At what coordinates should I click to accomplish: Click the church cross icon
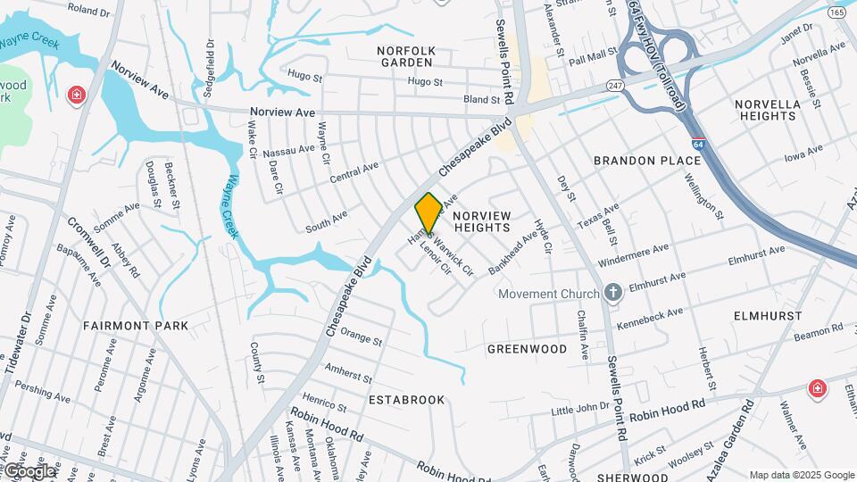pyautogui.click(x=612, y=292)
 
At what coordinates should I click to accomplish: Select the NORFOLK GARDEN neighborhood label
pyautogui.click(x=406, y=57)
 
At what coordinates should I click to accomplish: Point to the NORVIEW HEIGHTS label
pyautogui.click(x=482, y=222)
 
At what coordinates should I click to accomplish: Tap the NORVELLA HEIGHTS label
pyautogui.click(x=768, y=110)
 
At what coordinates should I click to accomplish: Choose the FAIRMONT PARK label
pyautogui.click(x=136, y=326)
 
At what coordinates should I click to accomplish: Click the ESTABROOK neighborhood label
pyautogui.click(x=406, y=400)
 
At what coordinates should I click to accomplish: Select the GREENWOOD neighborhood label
pyautogui.click(x=527, y=349)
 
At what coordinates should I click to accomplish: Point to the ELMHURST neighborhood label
pyautogui.click(x=763, y=316)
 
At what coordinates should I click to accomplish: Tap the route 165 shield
pyautogui.click(x=836, y=12)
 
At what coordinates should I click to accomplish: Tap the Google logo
pyautogui.click(x=29, y=471)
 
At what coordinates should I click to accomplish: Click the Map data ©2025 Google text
pyautogui.click(x=802, y=475)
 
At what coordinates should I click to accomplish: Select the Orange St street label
pyautogui.click(x=361, y=339)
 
